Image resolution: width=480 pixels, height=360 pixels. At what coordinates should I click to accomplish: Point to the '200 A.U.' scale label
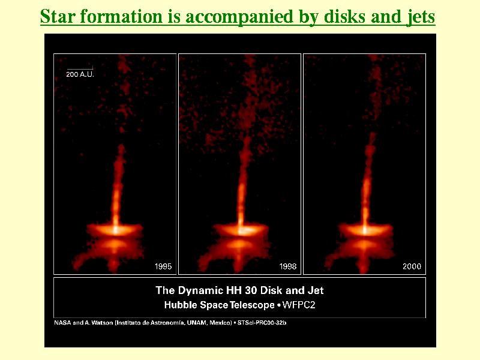[80, 74]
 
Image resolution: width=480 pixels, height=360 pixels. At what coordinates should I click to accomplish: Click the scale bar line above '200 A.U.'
[80, 68]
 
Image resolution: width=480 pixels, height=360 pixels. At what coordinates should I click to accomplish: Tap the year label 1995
[163, 266]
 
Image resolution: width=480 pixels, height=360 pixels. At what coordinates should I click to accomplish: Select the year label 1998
[288, 266]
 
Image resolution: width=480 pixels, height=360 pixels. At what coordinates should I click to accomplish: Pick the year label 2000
[412, 266]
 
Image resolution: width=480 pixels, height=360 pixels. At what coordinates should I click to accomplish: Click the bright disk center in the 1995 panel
[115, 229]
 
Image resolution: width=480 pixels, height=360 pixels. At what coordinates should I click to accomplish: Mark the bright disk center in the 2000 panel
[365, 229]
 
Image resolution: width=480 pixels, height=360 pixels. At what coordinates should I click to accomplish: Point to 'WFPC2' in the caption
[299, 305]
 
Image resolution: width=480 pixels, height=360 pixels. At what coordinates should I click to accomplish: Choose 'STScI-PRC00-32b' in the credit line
[262, 323]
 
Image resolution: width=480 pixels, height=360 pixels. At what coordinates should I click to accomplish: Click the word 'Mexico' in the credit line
[220, 323]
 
